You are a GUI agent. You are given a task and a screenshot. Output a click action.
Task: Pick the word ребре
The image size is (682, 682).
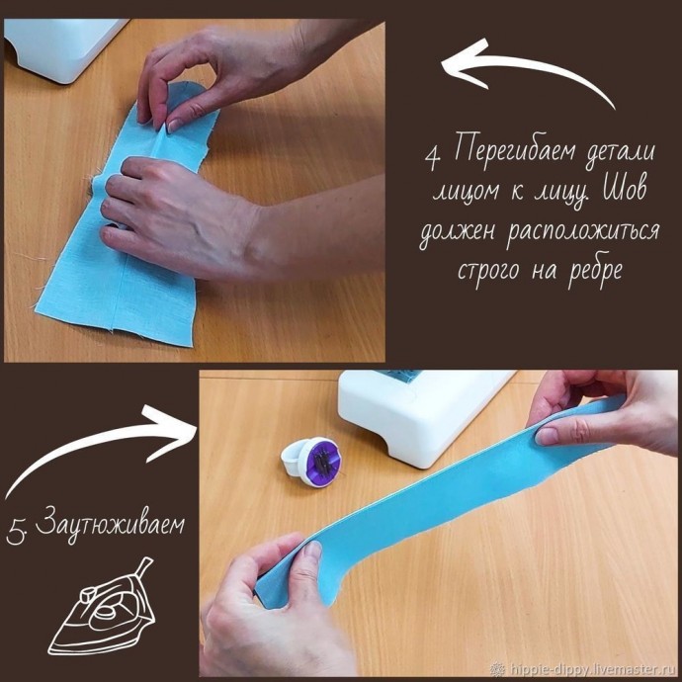[x=597, y=270]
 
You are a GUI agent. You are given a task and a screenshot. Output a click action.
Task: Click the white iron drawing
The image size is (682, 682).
[x=103, y=607]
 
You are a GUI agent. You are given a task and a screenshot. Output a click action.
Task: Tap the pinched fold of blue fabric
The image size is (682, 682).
[x=164, y=140]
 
